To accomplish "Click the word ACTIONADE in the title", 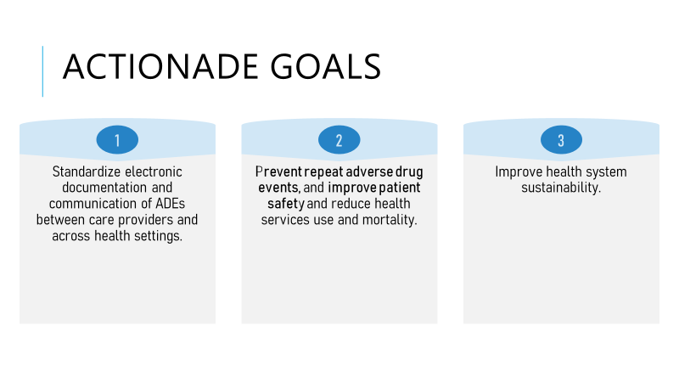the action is pos(160,67).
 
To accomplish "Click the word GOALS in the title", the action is pos(326,67).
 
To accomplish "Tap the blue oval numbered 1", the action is pos(117,140).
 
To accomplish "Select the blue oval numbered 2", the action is pos(339,140).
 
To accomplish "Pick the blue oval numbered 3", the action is pos(561,140).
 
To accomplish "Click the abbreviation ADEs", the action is pos(171,204).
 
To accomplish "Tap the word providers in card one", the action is pos(145,221).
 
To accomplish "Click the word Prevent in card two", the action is pos(278,172).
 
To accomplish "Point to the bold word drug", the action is pos(409,173).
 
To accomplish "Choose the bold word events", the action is pos(279,188).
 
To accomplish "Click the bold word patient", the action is pos(400,188).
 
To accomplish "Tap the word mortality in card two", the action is pos(390,221).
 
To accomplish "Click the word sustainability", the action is pos(561,188).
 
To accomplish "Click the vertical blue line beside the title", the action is pos(43,71).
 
